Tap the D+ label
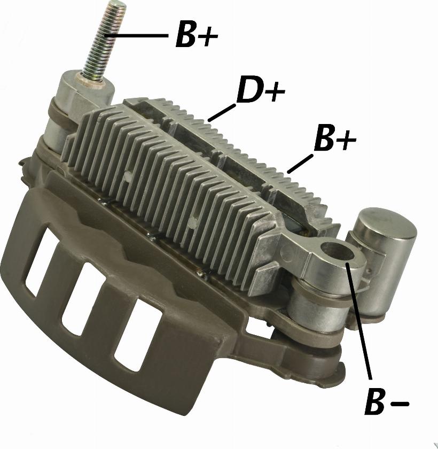point(260,89)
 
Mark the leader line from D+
point(222,113)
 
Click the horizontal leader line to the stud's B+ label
point(136,35)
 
